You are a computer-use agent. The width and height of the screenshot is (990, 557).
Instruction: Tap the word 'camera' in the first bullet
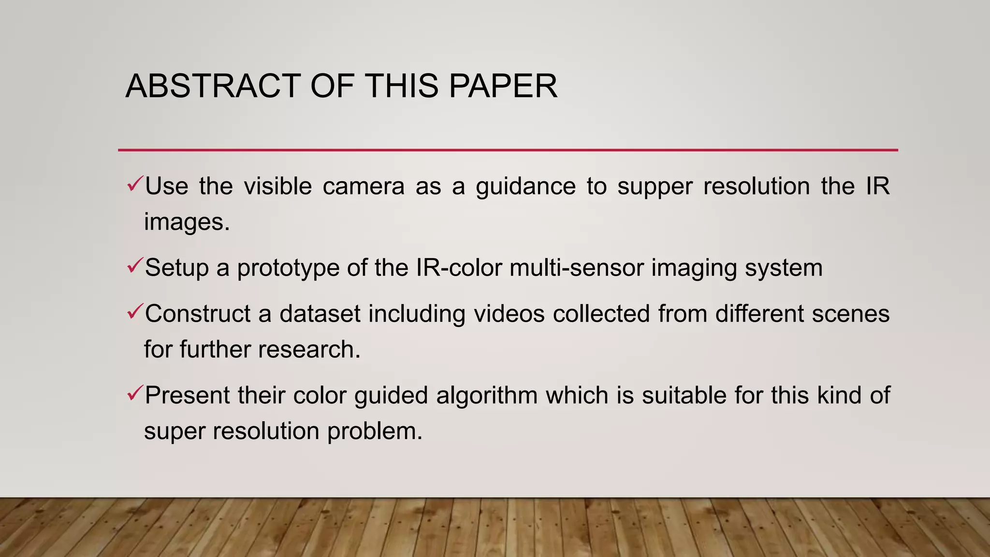(x=364, y=186)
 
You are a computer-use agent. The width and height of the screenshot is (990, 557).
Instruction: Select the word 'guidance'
(x=525, y=187)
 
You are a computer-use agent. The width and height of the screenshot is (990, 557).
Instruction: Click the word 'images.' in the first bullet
(x=187, y=222)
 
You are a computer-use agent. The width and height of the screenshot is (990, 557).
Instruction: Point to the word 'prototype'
(x=288, y=268)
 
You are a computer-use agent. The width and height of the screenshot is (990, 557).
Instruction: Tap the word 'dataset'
(x=320, y=314)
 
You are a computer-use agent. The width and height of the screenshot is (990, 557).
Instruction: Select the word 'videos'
(x=509, y=314)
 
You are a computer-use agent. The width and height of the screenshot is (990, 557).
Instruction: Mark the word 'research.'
(x=309, y=350)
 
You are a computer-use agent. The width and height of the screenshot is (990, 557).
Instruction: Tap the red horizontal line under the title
(x=508, y=150)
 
